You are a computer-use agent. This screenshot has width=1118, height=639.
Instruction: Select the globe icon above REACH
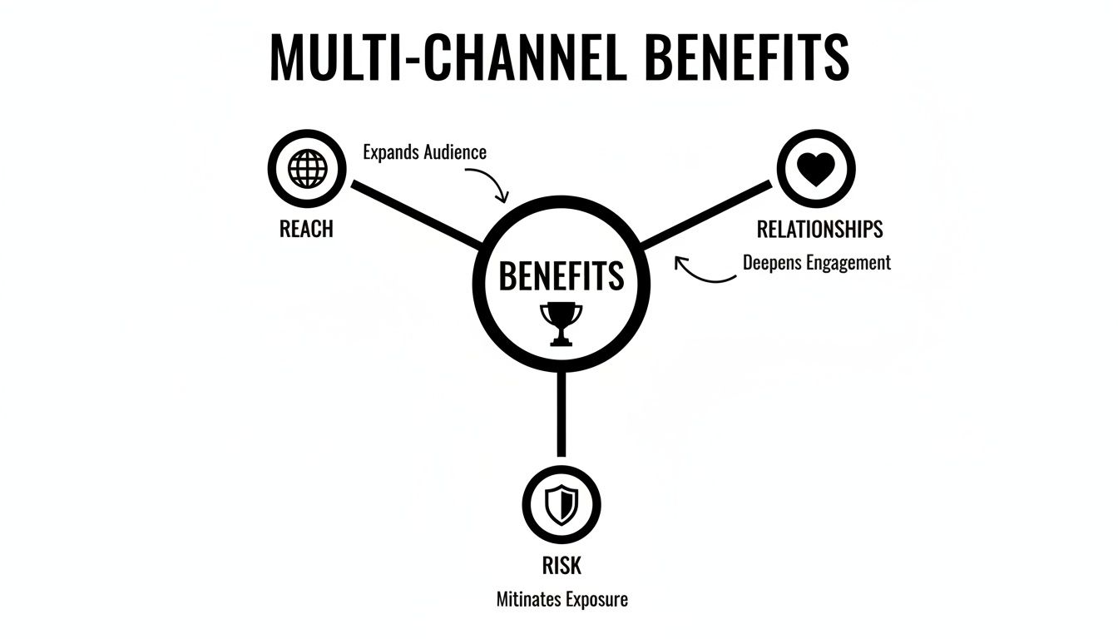click(x=307, y=170)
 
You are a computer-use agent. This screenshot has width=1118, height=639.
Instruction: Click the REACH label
click(x=306, y=230)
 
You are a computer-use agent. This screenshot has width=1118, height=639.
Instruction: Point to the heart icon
click(x=815, y=170)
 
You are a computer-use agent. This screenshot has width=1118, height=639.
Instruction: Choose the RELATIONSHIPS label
click(x=819, y=230)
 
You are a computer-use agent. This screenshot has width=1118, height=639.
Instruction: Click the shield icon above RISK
click(x=561, y=506)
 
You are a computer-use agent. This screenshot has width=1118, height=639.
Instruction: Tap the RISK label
click(x=561, y=566)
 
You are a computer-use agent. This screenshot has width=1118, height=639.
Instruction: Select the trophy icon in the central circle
click(x=561, y=323)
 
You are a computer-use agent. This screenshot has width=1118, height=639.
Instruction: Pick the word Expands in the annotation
click(x=391, y=153)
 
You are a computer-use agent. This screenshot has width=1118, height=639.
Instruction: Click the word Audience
click(x=455, y=152)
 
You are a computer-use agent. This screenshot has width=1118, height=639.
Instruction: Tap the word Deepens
click(x=773, y=263)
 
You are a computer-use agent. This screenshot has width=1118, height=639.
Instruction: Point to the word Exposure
click(x=594, y=599)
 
